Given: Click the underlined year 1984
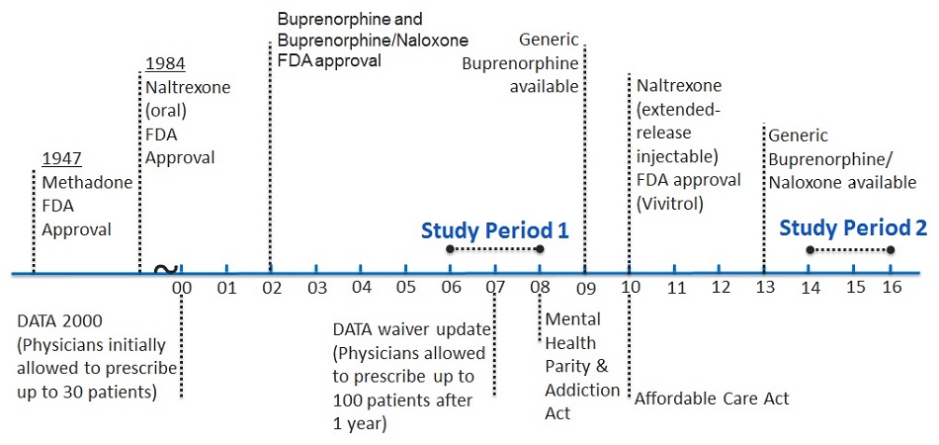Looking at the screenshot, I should tap(165, 65).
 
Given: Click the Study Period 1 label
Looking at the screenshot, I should tap(494, 230).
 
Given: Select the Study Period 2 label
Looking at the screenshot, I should tap(852, 227).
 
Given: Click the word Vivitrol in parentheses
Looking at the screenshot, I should tap(673, 202).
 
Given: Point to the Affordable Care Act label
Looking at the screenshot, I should tap(712, 400).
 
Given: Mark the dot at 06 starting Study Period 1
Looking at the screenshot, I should tap(451, 249).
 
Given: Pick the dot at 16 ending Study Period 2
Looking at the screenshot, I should tap(891, 249).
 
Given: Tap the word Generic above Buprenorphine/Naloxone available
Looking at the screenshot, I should tap(798, 135).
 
